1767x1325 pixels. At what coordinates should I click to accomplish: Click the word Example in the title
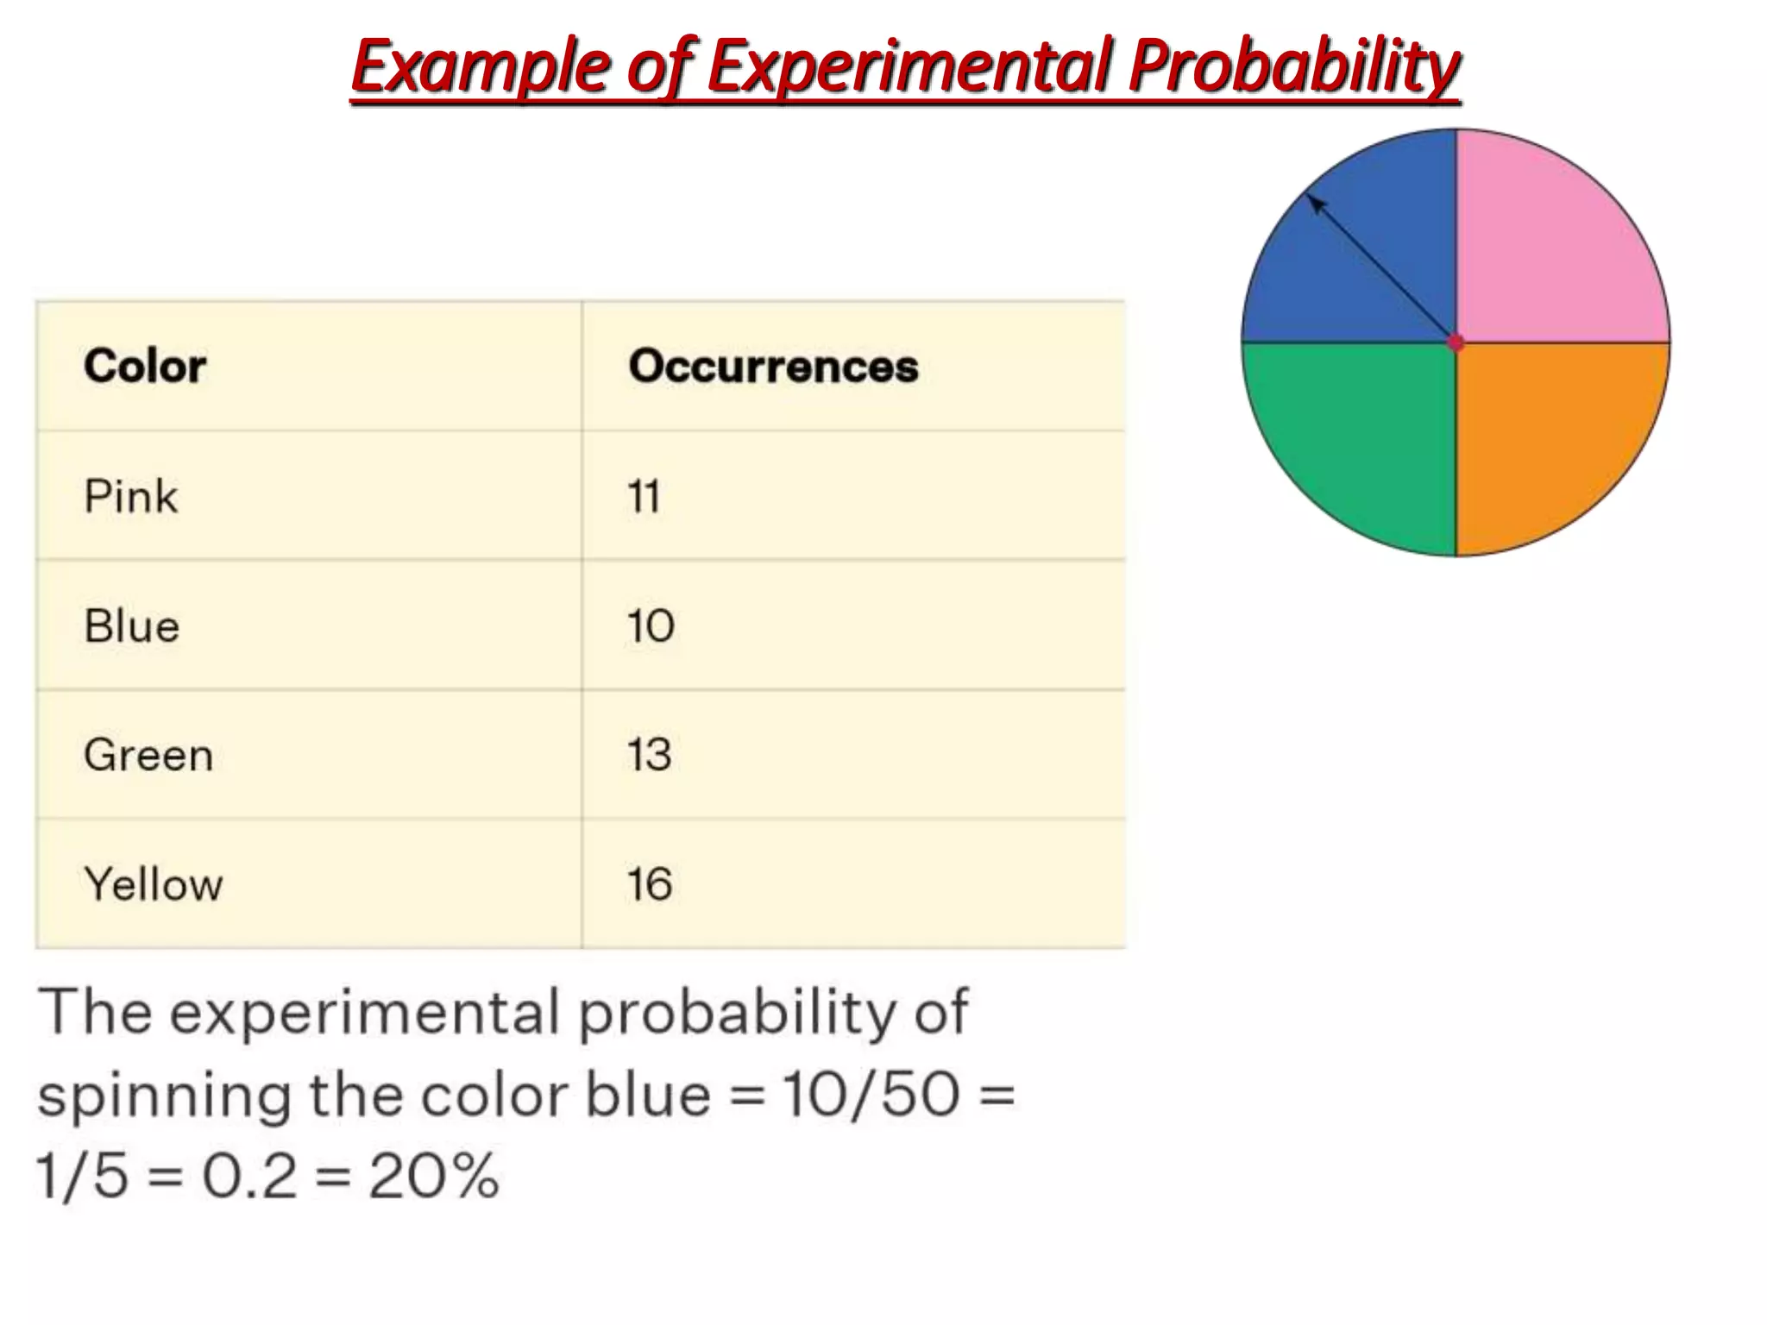click(x=480, y=67)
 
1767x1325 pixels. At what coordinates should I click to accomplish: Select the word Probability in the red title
click(x=1294, y=67)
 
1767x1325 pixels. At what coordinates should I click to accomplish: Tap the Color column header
click(x=145, y=366)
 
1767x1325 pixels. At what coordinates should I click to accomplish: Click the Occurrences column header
click(x=773, y=366)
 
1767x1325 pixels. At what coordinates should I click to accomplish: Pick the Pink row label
click(x=131, y=496)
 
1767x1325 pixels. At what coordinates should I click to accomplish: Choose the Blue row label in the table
click(x=132, y=625)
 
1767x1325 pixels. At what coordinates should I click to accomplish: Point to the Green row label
click(x=148, y=755)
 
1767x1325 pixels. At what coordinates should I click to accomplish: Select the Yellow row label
click(x=154, y=884)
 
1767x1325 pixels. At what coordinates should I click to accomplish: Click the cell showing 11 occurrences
click(x=644, y=496)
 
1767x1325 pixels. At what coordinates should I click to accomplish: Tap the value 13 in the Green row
click(x=649, y=755)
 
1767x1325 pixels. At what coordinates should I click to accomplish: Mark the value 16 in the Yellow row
click(x=649, y=884)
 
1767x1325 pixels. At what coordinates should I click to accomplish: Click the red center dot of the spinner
click(x=1456, y=343)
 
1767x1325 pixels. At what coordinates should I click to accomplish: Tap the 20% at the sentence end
click(x=434, y=1175)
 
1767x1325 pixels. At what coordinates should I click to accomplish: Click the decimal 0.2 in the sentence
click(x=249, y=1175)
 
